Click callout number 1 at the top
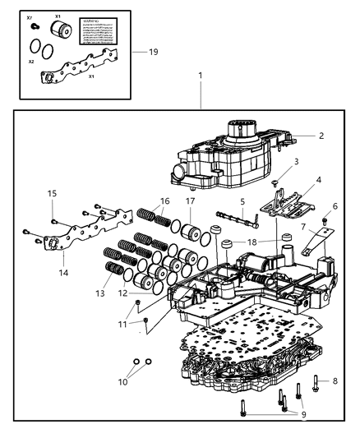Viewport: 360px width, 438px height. coord(199,76)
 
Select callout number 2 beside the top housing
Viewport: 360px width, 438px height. coord(321,136)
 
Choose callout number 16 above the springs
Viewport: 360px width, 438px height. coord(164,200)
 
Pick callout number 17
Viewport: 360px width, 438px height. coord(190,200)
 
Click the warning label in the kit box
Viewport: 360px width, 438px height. coord(102,35)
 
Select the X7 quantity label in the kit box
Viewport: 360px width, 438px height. coord(30,16)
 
